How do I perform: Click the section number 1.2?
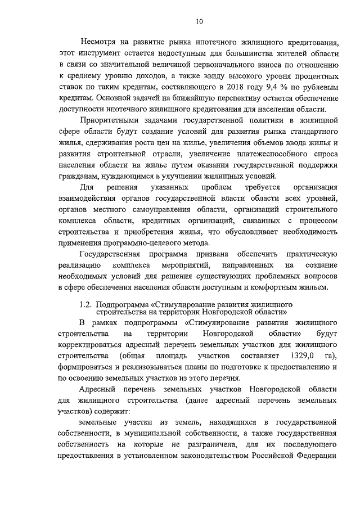85,304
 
